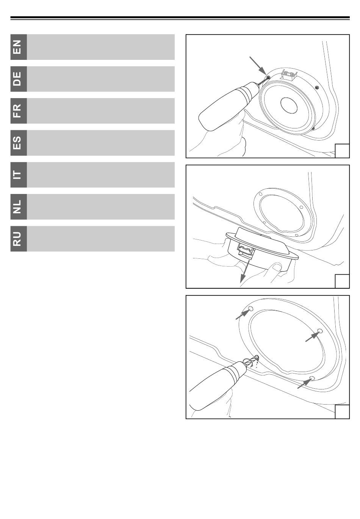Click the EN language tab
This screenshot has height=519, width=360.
pos(19,47)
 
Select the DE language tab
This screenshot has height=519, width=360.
pos(19,79)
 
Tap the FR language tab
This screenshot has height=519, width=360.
pos(19,111)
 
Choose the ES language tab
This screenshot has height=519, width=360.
pos(19,143)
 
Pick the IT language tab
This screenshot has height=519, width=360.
pos(19,175)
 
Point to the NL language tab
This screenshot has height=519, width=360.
pos(19,207)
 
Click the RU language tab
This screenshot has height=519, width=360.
pos(19,239)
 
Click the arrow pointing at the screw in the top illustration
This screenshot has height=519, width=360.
pos(258,66)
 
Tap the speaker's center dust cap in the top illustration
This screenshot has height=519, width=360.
pos(289,105)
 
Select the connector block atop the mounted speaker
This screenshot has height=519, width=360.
pos(289,75)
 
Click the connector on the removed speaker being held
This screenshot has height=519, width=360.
pos(246,251)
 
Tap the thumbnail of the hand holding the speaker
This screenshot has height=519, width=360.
pos(277,267)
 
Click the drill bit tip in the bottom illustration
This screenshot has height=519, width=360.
pos(257,357)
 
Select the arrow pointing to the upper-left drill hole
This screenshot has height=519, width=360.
pos(243,314)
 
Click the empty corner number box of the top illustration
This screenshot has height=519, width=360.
pos(342,151)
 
